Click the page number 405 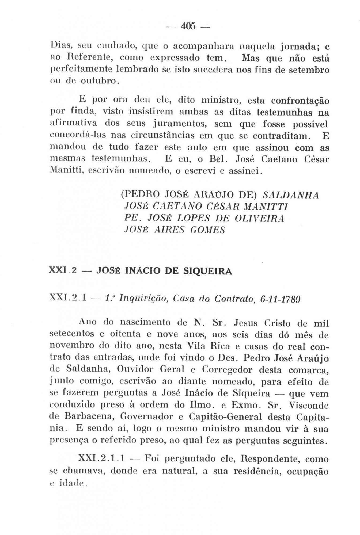coord(189,26)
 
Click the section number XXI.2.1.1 coord(101,459)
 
